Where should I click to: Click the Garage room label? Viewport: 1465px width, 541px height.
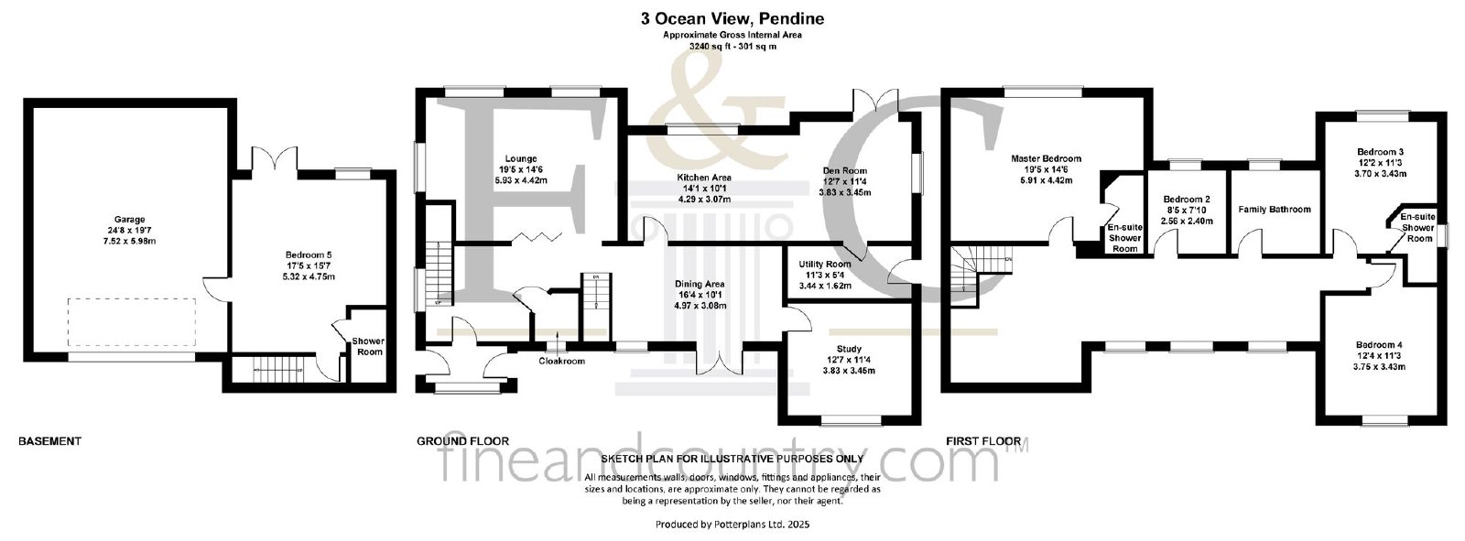[x=129, y=220]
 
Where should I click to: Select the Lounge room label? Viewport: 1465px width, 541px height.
[x=521, y=159]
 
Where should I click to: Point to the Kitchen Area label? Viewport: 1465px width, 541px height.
[x=704, y=178]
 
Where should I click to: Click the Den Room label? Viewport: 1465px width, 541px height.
[x=845, y=171]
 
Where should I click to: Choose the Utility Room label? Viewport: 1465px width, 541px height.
[x=825, y=265]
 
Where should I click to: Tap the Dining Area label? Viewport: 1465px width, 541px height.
[x=700, y=285]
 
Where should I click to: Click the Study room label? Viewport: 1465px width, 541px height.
[x=848, y=350]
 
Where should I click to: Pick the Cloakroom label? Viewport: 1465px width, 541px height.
[x=562, y=361]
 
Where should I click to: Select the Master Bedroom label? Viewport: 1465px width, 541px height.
[x=1046, y=159]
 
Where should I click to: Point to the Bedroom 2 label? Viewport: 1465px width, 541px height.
[x=1187, y=200]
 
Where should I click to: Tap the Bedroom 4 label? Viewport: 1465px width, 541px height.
[x=1379, y=345]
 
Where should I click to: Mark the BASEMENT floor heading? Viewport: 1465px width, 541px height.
[x=49, y=441]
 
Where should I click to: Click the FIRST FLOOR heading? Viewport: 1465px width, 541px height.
[x=983, y=441]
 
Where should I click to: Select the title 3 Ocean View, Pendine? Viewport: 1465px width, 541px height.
[x=732, y=19]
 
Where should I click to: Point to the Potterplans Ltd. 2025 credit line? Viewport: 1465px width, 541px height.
[x=732, y=525]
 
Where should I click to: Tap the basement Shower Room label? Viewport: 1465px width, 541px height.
[x=367, y=347]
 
